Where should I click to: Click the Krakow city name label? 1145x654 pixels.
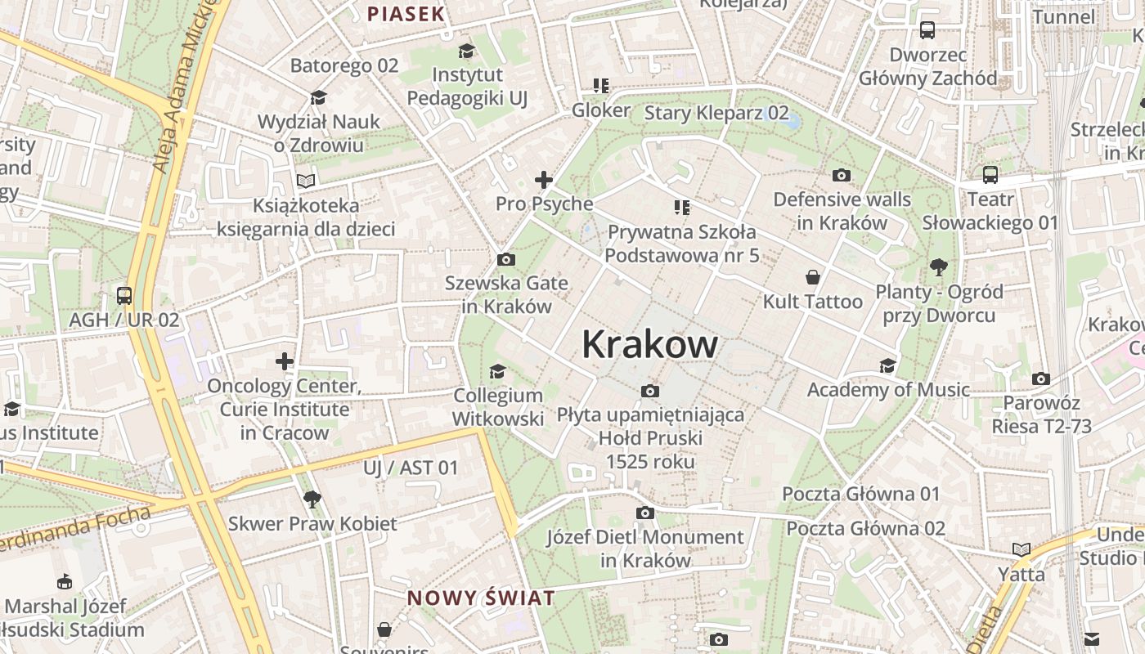(649, 345)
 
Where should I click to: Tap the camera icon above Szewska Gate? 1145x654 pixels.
(506, 260)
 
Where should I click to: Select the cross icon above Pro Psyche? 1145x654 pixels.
(544, 180)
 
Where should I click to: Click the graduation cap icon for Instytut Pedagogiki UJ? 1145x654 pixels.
(466, 52)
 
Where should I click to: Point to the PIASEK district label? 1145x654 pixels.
(406, 14)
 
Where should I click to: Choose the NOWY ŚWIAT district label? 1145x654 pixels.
(481, 598)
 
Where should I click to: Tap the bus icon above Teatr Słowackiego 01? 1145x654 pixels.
(990, 175)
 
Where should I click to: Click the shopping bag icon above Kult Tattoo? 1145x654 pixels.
(813, 278)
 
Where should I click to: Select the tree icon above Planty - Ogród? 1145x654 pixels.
(938, 267)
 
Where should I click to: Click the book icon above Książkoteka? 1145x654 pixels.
(306, 181)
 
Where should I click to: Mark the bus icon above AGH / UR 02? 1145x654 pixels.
(124, 296)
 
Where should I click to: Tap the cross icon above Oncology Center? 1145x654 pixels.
(284, 361)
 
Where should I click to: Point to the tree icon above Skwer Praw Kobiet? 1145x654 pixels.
(312, 499)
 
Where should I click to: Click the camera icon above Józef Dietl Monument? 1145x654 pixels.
(645, 513)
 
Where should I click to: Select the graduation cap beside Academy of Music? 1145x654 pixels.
(887, 365)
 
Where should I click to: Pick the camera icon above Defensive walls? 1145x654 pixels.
(841, 175)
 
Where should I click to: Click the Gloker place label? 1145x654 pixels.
(601, 110)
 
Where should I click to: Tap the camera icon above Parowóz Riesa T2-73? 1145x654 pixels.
(1040, 379)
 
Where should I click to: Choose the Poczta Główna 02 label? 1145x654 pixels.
(865, 528)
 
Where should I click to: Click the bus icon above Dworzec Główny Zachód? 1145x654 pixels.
(927, 30)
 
